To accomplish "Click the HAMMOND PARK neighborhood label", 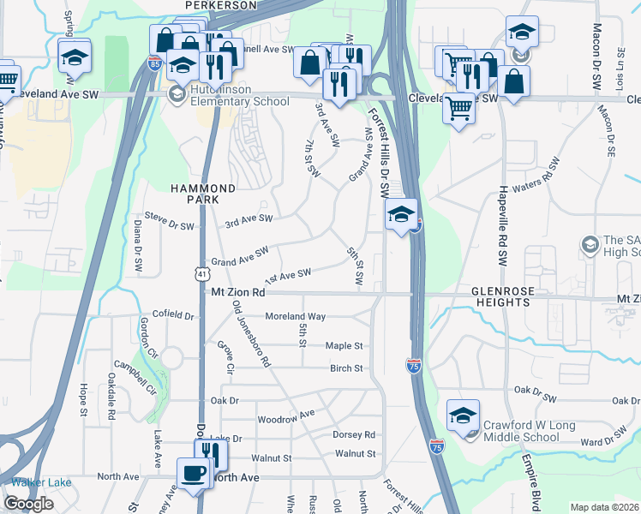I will point(202,193).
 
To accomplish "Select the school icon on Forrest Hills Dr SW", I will point(399,215).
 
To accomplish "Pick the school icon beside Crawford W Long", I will point(463,415).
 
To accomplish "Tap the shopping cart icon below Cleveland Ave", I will point(459,108).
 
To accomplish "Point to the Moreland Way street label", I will point(295,316).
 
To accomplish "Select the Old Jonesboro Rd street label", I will point(252,338).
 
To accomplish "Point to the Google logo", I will point(28,504).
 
